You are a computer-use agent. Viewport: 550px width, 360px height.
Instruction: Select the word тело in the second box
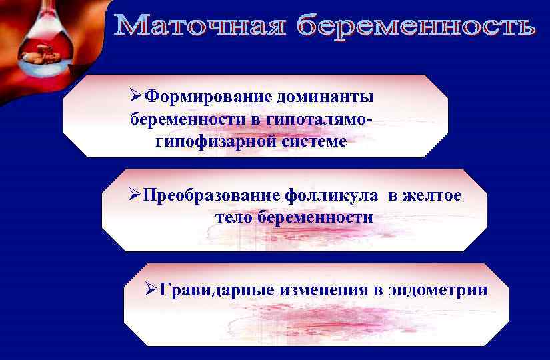coord(235,217)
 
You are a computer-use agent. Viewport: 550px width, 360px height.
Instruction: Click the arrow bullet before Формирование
coord(137,97)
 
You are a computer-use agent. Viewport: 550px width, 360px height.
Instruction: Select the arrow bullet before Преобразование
coord(135,196)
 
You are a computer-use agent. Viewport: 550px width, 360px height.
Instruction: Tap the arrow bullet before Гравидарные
coord(151,290)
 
